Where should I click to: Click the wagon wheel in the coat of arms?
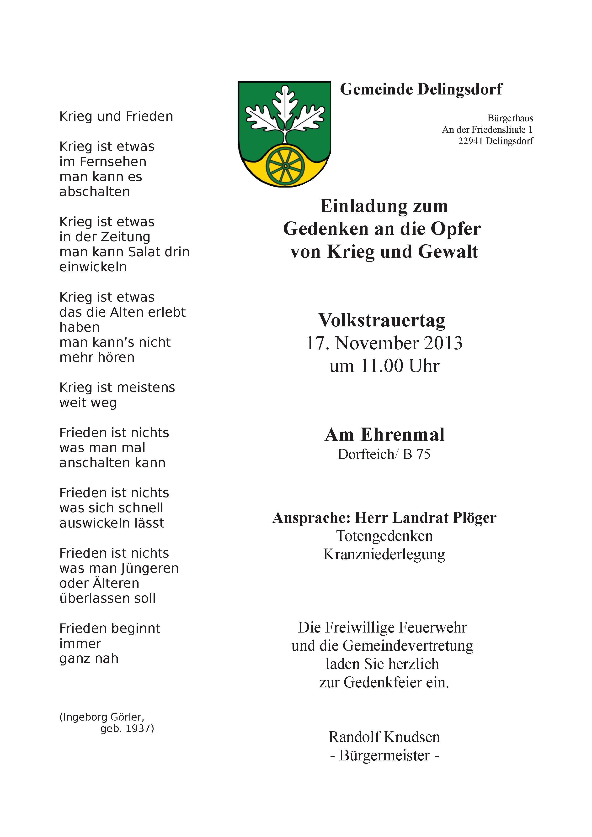(285, 166)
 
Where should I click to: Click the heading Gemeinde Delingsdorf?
(421, 89)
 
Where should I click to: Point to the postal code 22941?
(470, 141)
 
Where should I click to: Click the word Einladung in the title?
(359, 206)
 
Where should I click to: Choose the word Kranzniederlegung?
(384, 555)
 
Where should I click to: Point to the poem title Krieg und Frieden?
(116, 117)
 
